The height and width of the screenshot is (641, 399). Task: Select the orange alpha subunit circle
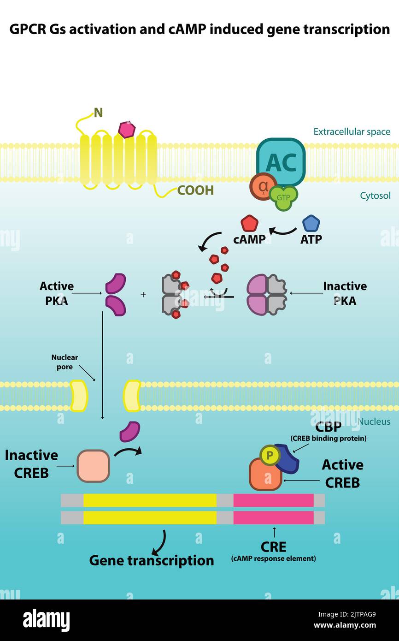pos(263,188)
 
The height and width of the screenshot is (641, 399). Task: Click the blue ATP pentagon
pos(311,224)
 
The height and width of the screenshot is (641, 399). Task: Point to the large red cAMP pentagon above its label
pos(249,224)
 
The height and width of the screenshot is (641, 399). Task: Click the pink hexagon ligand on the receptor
pos(127,130)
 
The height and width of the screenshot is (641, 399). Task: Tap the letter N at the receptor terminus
pos(98,113)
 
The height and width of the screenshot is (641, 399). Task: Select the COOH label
pos(195,190)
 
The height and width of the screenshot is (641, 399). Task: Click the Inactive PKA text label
pos(345,293)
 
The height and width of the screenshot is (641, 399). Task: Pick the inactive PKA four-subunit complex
pos(267,295)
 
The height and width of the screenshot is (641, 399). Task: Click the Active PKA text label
pos(56,293)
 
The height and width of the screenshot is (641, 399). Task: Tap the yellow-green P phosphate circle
pos(270,456)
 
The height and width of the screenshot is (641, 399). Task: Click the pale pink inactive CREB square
pos(93,466)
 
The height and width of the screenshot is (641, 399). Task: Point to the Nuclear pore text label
pos(65,362)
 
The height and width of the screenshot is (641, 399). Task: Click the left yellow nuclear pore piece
pos(79,396)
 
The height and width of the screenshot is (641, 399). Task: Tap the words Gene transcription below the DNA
pos(151,560)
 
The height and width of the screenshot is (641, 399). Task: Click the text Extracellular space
pos(352,132)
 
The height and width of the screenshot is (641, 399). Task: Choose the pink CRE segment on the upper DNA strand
pos(273,500)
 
